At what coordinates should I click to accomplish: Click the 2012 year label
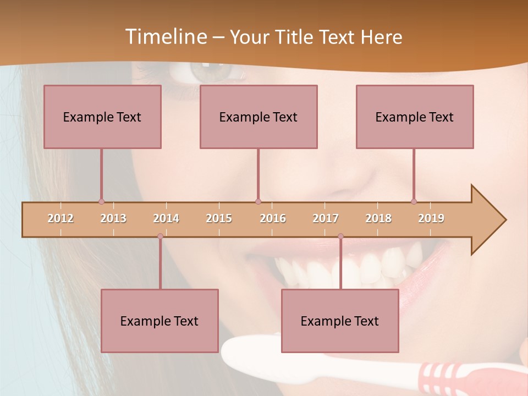(x=61, y=218)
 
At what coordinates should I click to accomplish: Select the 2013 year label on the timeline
(x=113, y=218)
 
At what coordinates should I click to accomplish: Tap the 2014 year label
(x=166, y=218)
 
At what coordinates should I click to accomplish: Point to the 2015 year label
(x=219, y=218)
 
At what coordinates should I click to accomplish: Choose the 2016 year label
(x=273, y=218)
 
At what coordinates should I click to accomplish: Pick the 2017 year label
(x=326, y=218)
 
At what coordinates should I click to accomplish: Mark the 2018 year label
(x=378, y=218)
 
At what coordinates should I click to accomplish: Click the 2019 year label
(x=431, y=218)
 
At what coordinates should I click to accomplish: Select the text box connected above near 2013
(x=102, y=117)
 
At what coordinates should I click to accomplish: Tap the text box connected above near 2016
(x=258, y=117)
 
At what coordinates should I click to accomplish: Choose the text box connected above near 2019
(x=415, y=117)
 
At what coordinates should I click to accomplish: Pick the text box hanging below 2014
(x=159, y=321)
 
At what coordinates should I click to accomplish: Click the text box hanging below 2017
(x=340, y=321)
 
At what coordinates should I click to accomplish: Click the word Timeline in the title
(x=166, y=37)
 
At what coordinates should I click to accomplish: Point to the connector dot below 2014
(x=160, y=237)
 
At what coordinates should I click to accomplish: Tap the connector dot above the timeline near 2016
(x=258, y=201)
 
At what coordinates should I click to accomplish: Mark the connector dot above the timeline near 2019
(x=414, y=201)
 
